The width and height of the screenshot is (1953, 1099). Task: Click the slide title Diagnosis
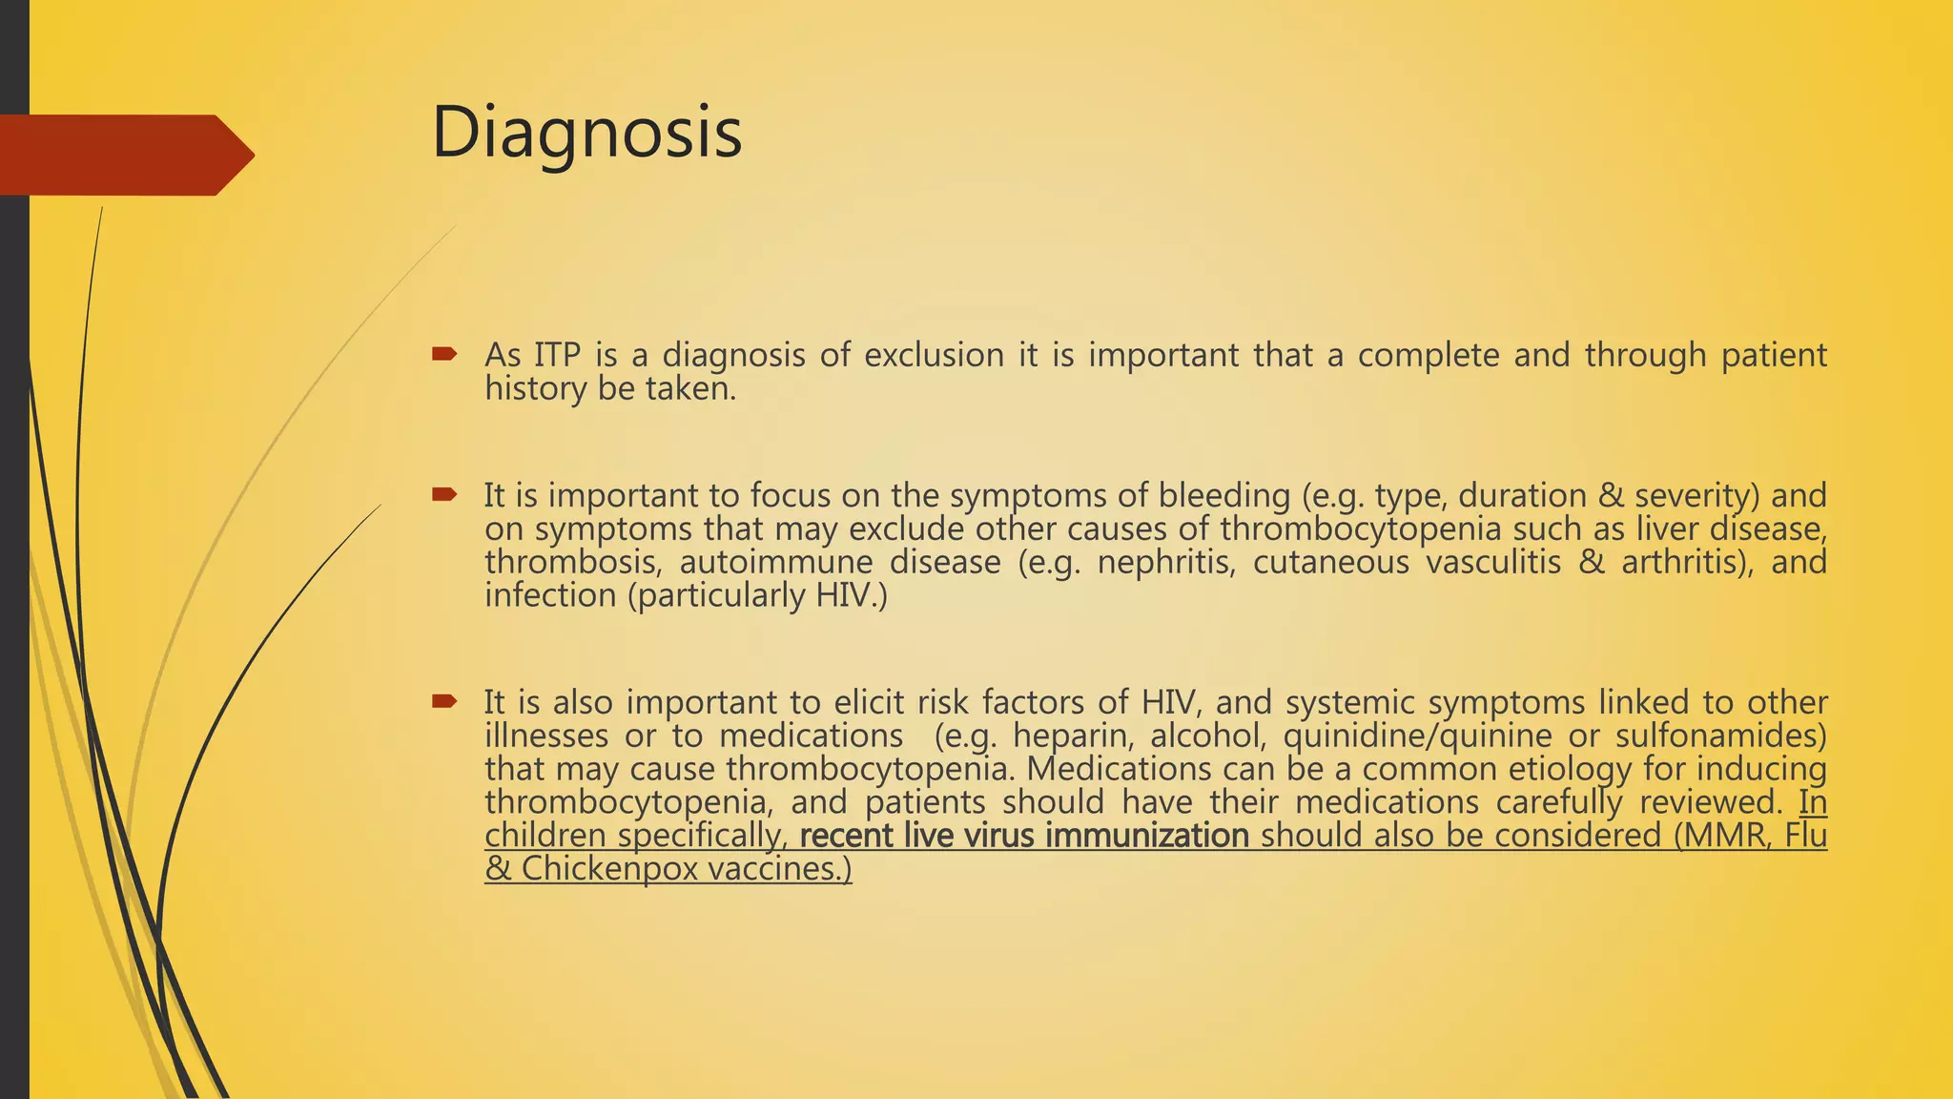pos(586,134)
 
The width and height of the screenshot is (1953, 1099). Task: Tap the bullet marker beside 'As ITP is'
pos(443,355)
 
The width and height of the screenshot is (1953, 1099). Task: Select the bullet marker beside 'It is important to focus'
pos(443,494)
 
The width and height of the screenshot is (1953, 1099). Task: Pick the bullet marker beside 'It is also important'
pos(443,702)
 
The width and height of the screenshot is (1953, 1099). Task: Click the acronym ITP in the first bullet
pos(557,355)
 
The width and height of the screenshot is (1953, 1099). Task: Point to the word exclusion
pos(934,355)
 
